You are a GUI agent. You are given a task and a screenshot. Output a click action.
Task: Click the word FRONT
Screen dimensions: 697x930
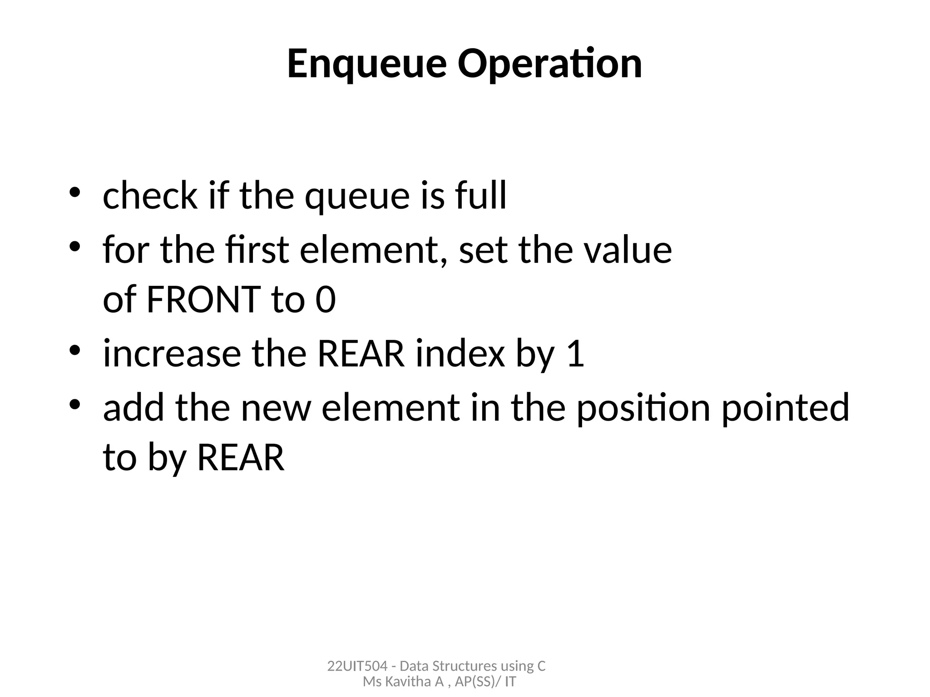[x=204, y=299]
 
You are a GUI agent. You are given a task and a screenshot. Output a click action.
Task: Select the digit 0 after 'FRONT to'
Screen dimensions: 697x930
[x=326, y=299]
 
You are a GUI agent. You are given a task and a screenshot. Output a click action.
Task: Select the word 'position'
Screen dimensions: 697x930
[x=643, y=407]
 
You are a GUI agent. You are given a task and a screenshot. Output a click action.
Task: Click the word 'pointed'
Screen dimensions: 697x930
[x=785, y=407]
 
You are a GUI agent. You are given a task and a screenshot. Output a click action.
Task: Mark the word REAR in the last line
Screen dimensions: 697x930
[x=241, y=457]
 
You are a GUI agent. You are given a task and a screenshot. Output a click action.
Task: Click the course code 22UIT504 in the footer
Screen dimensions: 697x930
[x=357, y=666]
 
